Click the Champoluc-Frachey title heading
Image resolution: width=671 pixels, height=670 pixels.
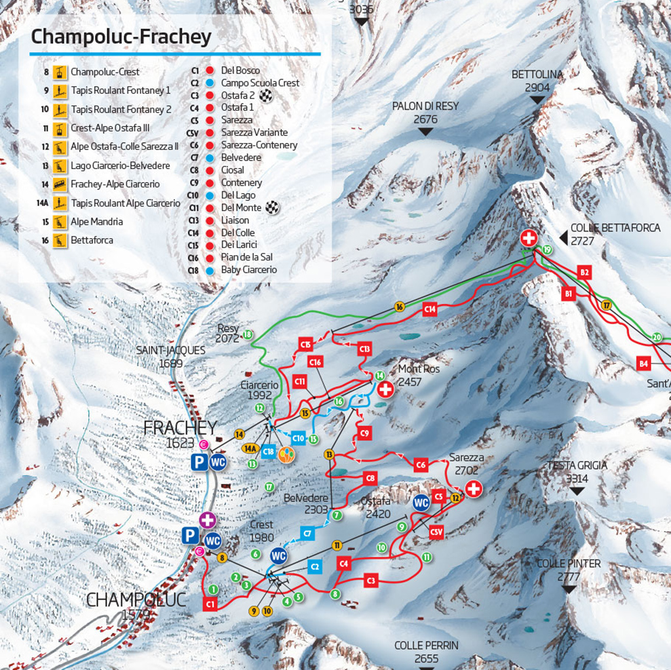(121, 37)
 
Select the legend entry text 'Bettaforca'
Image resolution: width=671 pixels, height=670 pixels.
(92, 241)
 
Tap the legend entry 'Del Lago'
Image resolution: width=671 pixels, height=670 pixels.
(238, 195)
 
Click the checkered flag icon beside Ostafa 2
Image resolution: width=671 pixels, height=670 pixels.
(265, 96)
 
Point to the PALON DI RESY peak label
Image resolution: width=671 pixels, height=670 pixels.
(425, 112)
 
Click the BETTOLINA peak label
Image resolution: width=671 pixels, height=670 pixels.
(537, 81)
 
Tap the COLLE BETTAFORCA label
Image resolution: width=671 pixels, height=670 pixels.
(615, 234)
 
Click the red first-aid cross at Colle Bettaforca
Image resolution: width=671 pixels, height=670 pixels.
(529, 238)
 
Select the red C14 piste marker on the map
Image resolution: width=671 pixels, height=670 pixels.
(430, 309)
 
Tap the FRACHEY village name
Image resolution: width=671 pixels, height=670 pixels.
(180, 428)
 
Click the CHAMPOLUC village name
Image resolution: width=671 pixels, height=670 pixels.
(136, 599)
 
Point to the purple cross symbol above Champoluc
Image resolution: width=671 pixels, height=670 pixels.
(208, 521)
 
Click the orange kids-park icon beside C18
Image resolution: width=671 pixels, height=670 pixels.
(286, 455)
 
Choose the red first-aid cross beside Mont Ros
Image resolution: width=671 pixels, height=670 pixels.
(386, 389)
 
